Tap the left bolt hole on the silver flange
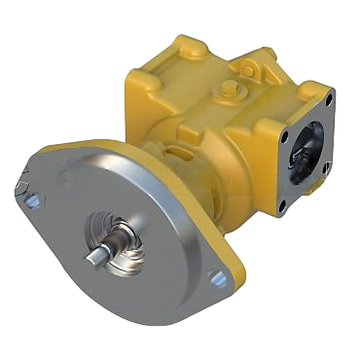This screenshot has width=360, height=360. click(31, 201)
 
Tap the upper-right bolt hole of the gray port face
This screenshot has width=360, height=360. click(330, 97)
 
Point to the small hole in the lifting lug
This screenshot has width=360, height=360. click(252, 70)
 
